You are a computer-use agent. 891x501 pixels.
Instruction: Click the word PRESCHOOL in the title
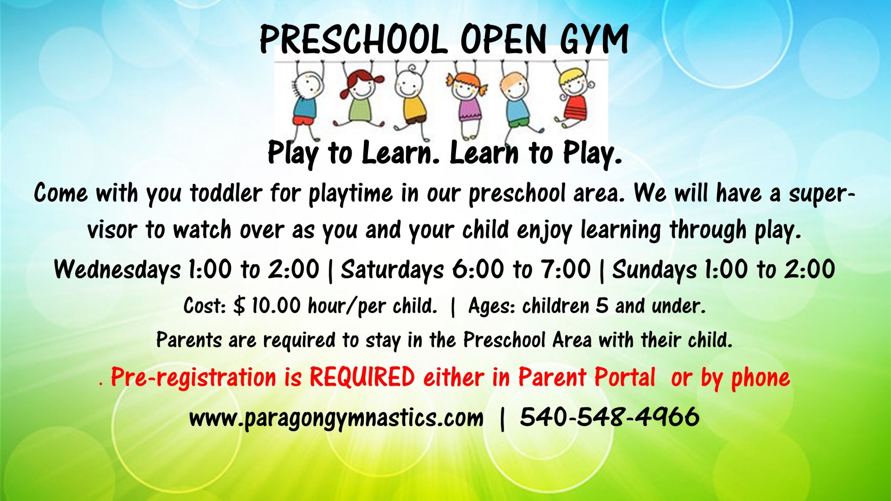point(353,39)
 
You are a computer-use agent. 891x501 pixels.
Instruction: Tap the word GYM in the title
point(594,39)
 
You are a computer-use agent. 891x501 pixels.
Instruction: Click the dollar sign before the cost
point(239,306)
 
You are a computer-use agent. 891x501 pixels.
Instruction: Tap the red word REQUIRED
point(362,377)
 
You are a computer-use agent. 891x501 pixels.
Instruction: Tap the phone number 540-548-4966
point(609,417)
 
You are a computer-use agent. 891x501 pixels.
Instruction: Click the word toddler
point(226,193)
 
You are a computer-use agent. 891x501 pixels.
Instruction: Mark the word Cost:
point(205,306)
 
